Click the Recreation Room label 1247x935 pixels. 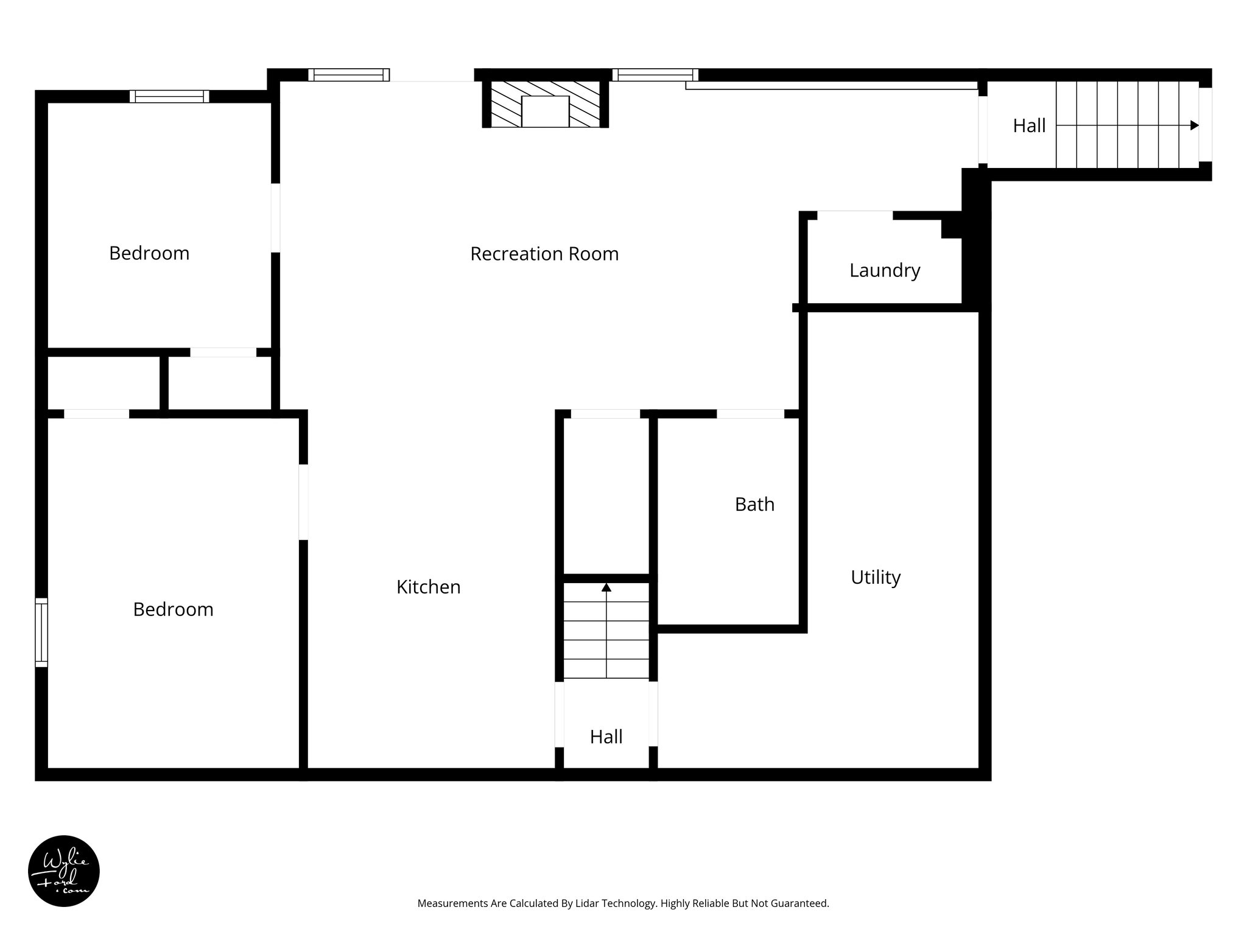(544, 254)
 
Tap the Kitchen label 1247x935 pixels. (428, 587)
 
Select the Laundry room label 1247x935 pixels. (884, 270)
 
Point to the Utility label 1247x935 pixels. (875, 577)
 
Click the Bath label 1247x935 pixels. (754, 504)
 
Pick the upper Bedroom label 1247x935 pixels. (149, 253)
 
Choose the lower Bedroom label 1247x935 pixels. (173, 609)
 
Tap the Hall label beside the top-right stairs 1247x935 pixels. (1029, 126)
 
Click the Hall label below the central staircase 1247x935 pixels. (606, 737)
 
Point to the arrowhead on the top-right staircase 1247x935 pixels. (1195, 125)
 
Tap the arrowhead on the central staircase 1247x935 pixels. (606, 587)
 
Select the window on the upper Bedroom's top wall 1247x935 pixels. (169, 96)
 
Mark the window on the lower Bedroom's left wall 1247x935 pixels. (41, 632)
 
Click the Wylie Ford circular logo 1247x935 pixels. (64, 871)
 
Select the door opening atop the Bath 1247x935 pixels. (750, 414)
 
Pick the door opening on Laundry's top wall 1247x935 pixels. (854, 215)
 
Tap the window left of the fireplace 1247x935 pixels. (348, 75)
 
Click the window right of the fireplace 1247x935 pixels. (655, 75)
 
